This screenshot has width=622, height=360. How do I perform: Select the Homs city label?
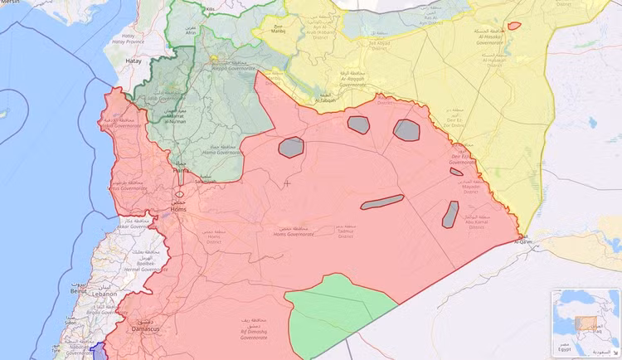(x=178, y=209)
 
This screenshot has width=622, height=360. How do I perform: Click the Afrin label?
(x=192, y=32)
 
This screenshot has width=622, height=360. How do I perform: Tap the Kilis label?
(x=210, y=9)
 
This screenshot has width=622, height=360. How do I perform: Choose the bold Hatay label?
(x=133, y=61)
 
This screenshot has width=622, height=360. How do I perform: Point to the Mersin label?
(x=10, y=2)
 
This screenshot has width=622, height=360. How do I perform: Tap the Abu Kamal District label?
(x=476, y=221)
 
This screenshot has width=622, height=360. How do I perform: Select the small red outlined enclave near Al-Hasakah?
(x=514, y=26)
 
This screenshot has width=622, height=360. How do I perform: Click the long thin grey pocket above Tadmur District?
(x=382, y=202)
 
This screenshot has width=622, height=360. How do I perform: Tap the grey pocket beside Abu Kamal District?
(x=450, y=213)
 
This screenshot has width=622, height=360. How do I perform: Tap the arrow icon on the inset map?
(x=615, y=353)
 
